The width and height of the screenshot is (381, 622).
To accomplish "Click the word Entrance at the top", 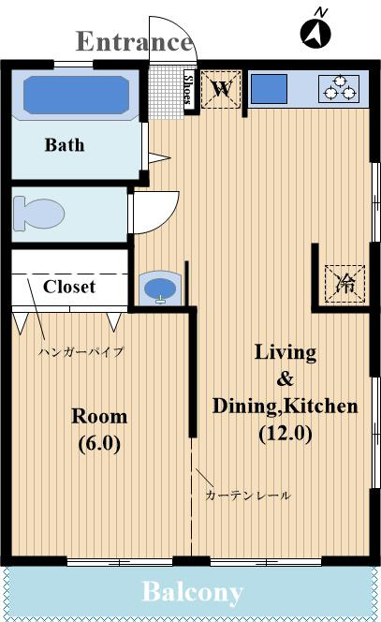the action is click(135, 41).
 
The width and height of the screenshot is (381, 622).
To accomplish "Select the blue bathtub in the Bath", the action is click(76, 96).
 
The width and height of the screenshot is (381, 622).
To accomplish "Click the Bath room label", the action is click(65, 145).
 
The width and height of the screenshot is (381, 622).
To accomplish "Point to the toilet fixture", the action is click(38, 214).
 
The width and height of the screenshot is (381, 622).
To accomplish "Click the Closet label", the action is click(69, 287).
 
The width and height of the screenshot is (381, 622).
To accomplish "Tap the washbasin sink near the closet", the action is click(160, 289).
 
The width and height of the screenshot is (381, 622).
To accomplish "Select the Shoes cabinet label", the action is click(189, 90).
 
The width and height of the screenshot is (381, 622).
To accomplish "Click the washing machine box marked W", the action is click(221, 89).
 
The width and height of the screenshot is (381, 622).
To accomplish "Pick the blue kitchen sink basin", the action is click(270, 89).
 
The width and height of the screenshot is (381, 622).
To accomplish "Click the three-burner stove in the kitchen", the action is click(339, 89).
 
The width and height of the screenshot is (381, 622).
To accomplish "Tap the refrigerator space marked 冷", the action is click(344, 284).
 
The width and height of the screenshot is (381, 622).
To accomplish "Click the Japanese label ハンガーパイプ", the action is click(81, 351).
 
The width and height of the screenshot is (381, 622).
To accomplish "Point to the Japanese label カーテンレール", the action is click(248, 495).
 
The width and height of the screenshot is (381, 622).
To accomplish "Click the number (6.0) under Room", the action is click(99, 443).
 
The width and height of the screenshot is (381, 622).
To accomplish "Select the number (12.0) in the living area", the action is click(286, 433).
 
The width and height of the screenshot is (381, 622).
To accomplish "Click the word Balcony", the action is click(192, 592).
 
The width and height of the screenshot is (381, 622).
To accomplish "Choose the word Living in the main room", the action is click(286, 352).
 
